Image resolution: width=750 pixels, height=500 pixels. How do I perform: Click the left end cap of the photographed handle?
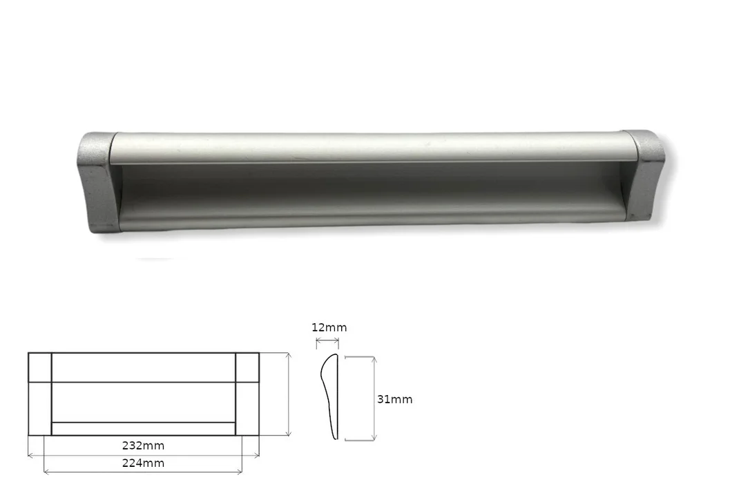pyautogui.click(x=97, y=182)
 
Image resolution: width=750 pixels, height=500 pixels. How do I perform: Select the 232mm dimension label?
pyautogui.click(x=143, y=445)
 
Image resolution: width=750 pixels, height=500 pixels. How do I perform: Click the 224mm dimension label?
pyautogui.click(x=143, y=463)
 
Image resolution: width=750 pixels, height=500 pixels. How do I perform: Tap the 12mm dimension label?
pyautogui.click(x=329, y=328)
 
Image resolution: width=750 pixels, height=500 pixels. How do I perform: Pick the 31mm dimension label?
pyautogui.click(x=394, y=399)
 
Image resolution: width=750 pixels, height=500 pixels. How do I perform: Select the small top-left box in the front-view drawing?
pyautogui.click(x=39, y=367)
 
